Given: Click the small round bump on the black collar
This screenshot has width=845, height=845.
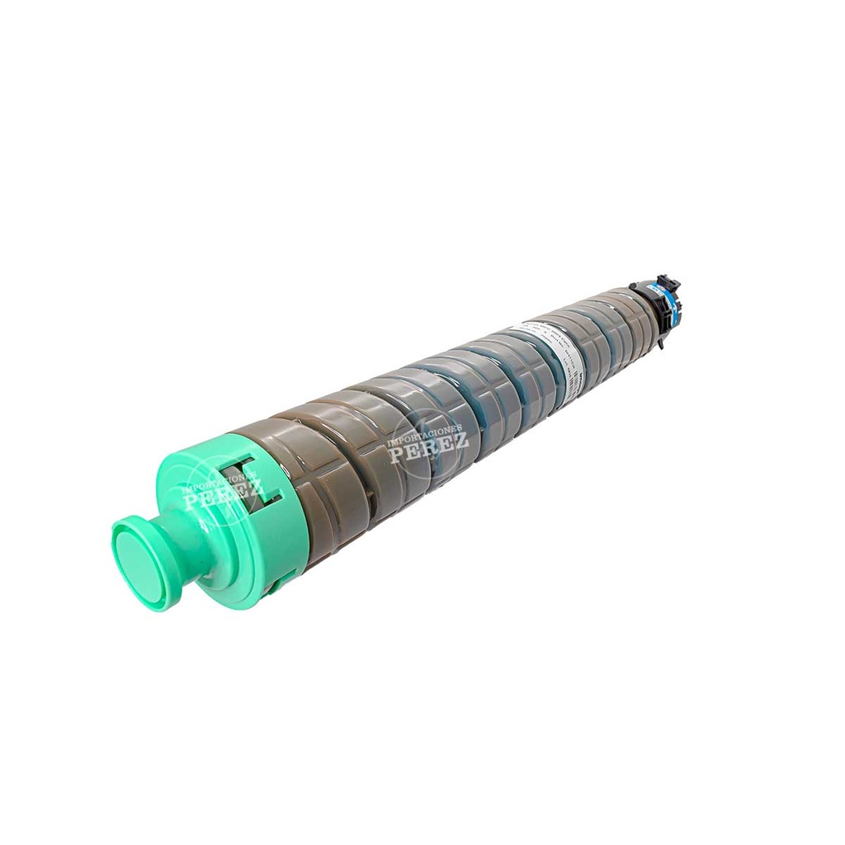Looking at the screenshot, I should pos(634,286).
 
